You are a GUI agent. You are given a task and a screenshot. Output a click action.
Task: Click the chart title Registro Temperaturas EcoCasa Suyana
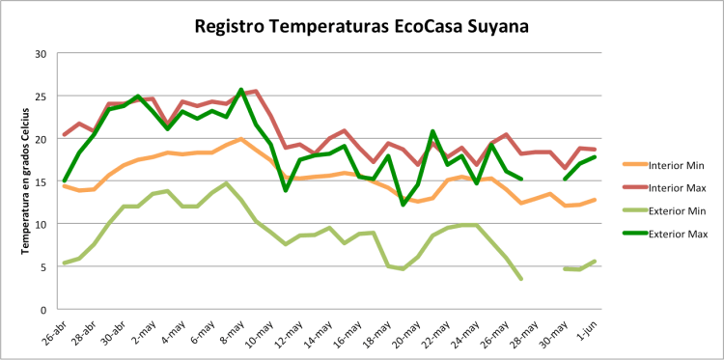coord(361,25)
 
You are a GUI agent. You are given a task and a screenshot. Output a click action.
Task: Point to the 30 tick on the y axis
coord(41,54)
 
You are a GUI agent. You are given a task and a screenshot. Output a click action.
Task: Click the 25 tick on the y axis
coord(41,97)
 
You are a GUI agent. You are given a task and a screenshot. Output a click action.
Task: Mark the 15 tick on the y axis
coord(41,181)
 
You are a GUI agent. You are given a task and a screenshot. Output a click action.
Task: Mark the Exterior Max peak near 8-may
coord(241,90)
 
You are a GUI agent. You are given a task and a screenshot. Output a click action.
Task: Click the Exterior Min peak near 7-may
coord(226,183)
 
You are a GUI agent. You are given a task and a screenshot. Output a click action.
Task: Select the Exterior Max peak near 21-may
coord(432,131)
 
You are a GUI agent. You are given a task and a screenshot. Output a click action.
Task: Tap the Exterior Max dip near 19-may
coord(403,205)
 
